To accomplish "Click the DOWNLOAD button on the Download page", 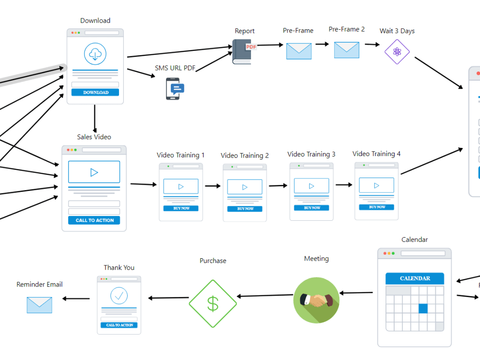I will [x=95, y=92].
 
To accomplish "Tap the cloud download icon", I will [x=95, y=54].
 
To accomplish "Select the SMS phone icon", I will [x=174, y=88].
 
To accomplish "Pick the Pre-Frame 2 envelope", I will [x=347, y=50].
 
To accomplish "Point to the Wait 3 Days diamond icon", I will [x=397, y=51].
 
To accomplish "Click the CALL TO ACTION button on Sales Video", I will [x=94, y=220].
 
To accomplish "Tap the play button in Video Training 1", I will [x=181, y=186].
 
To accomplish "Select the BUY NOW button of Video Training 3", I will [x=312, y=208].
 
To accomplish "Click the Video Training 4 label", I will [x=376, y=154].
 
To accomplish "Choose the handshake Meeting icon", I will [x=316, y=300].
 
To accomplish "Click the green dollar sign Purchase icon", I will [x=213, y=303].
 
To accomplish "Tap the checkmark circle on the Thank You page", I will [x=119, y=295].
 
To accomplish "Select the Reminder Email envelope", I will [x=39, y=305].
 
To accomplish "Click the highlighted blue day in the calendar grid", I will [x=423, y=309].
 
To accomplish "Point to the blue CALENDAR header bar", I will [x=415, y=278].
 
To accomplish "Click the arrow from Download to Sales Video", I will [x=95, y=118].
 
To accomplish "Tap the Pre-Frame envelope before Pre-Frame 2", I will [x=299, y=51].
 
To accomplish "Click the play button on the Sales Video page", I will [x=94, y=172].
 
